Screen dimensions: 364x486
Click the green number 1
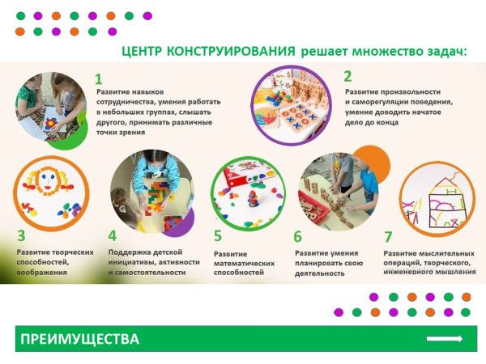tap(99, 79)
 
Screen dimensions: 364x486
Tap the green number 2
tap(347, 77)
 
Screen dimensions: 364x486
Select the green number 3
tap(22, 236)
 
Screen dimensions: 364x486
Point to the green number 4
tap(113, 236)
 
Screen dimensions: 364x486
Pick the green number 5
tap(218, 236)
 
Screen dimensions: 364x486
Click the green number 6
tap(297, 237)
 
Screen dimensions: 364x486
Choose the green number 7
tap(388, 236)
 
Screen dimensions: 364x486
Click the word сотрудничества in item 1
tap(126, 104)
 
